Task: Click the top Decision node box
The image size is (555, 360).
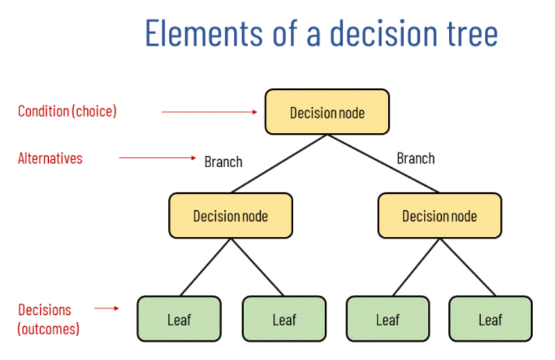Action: [327, 111]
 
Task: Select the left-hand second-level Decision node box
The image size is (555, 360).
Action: [230, 216]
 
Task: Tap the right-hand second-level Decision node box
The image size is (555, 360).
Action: [439, 216]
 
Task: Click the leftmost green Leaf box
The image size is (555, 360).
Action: [179, 319]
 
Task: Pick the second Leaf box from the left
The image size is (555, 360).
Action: [284, 319]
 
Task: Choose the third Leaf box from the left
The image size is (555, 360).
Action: [387, 319]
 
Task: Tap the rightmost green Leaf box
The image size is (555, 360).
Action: [490, 319]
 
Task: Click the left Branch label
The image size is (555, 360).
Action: [223, 162]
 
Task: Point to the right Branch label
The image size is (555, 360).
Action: [416, 158]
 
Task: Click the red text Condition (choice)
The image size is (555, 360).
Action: [67, 111]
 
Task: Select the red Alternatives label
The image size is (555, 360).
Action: [50, 158]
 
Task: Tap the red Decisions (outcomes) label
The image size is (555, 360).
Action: [48, 319]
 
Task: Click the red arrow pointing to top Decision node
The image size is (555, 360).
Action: [209, 111]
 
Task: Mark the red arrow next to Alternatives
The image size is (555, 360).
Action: [158, 157]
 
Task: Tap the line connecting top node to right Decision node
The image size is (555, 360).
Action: [383, 163]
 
